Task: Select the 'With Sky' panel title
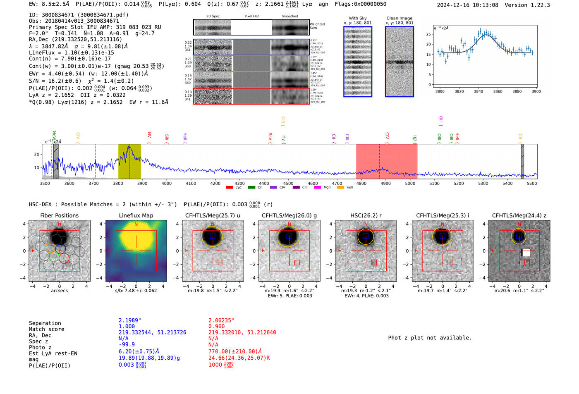click(x=357, y=18)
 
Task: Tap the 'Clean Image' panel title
click(x=399, y=18)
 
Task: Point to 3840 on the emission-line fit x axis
click(x=479, y=91)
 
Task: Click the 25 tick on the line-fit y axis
click(x=428, y=34)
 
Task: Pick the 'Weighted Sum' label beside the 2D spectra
click(x=317, y=26)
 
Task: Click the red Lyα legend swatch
click(x=230, y=188)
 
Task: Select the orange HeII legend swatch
click(x=341, y=188)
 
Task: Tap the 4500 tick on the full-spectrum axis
click(x=288, y=184)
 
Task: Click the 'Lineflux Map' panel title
click(x=136, y=215)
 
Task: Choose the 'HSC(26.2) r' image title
click(x=366, y=215)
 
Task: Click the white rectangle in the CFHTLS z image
click(x=526, y=253)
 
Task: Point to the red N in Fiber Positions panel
click(x=60, y=224)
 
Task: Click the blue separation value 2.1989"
click(x=130, y=320)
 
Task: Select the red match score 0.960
click(x=216, y=326)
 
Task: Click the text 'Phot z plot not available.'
click(x=430, y=338)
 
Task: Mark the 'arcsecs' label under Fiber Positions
click(x=59, y=291)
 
